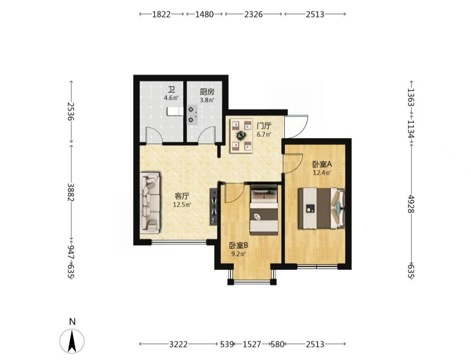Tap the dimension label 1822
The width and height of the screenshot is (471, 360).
click(x=161, y=14)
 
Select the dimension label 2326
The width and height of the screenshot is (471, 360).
click(x=253, y=14)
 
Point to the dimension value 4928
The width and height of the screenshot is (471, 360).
click(x=411, y=203)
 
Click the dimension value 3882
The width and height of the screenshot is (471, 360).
click(x=71, y=192)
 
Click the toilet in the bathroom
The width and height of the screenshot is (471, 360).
click(x=175, y=112)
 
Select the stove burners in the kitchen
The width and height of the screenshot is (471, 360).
click(x=192, y=114)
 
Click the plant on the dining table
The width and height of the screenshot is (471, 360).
click(x=241, y=135)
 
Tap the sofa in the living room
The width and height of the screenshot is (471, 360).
click(x=150, y=202)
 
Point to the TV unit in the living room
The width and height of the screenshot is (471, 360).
click(x=214, y=207)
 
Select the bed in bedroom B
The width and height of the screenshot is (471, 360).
click(x=264, y=211)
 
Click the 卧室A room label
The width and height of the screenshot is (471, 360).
click(x=322, y=164)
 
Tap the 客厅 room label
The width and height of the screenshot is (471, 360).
click(x=182, y=196)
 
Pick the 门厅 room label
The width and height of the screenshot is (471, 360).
click(x=264, y=126)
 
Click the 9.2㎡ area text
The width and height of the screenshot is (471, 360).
click(x=238, y=254)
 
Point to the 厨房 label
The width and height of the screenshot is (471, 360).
click(x=207, y=92)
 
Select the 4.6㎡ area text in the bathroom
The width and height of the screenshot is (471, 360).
click(x=171, y=98)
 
